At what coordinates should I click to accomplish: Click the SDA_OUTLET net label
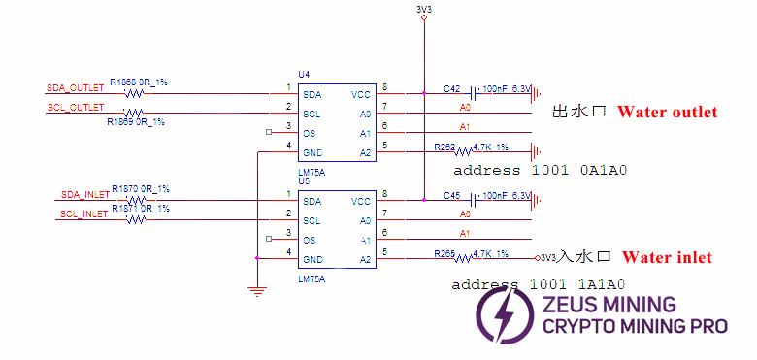click(x=75, y=88)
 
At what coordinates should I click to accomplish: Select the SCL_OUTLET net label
click(x=74, y=108)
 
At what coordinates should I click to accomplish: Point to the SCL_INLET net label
click(x=82, y=213)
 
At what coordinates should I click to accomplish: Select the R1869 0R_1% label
click(x=135, y=122)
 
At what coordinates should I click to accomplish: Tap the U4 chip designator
click(x=304, y=74)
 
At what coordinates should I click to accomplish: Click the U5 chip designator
click(x=304, y=180)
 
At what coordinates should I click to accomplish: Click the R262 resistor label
click(x=444, y=147)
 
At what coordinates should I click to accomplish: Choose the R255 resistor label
click(x=444, y=253)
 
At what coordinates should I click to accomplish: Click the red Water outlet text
click(x=667, y=113)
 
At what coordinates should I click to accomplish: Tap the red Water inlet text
click(x=667, y=257)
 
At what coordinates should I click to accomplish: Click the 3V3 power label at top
click(x=423, y=10)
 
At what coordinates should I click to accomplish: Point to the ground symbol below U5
click(x=256, y=289)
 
